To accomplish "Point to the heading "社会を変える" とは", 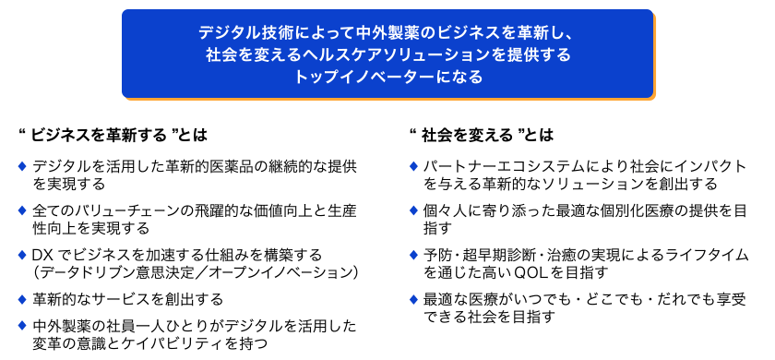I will click(x=480, y=135).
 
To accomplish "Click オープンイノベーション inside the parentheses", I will click(x=280, y=272).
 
